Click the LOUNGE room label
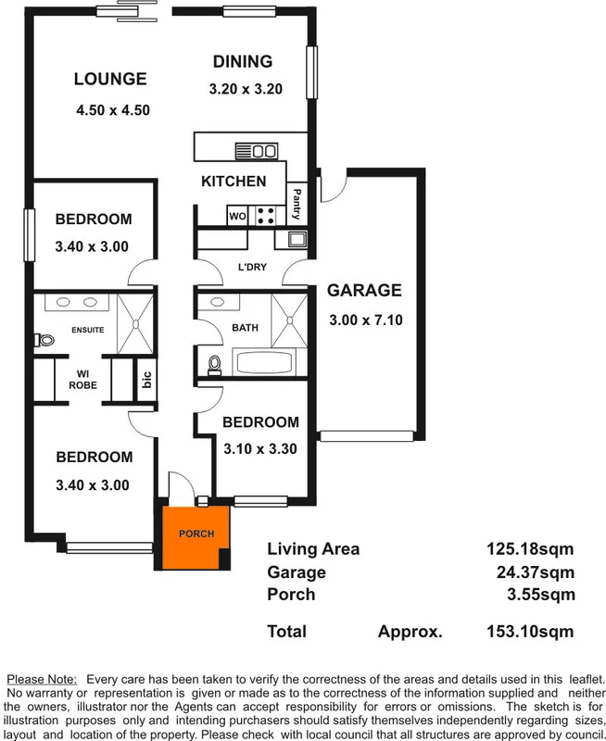[110, 80]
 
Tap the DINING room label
[243, 62]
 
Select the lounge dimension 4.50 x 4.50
[113, 109]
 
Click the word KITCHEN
[234, 182]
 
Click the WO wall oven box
[237, 217]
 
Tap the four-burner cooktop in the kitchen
[266, 216]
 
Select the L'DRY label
[252, 268]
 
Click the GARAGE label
[364, 290]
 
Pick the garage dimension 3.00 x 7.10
[365, 321]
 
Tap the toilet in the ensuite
[40, 340]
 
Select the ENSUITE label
[87, 331]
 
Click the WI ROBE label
[82, 380]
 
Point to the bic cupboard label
[145, 381]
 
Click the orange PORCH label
[196, 534]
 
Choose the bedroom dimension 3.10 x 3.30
[260, 449]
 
